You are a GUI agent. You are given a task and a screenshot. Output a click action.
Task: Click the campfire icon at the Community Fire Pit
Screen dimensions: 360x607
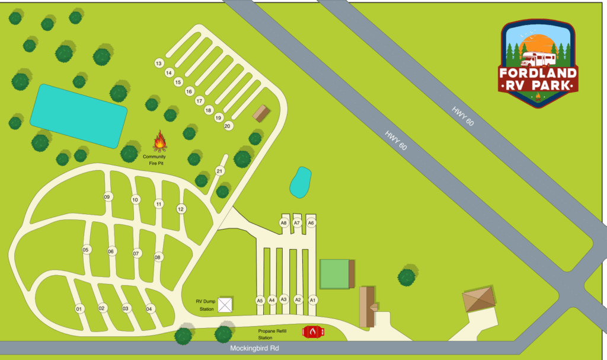160,141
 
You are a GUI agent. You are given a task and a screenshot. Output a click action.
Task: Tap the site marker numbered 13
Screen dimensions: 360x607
158,63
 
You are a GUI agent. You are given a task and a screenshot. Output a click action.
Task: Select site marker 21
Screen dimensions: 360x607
220,171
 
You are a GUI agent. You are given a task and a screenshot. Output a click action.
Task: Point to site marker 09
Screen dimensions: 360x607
107,197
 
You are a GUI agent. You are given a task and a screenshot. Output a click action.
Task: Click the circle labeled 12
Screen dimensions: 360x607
181,209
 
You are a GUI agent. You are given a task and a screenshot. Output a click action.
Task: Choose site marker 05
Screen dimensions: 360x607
86,250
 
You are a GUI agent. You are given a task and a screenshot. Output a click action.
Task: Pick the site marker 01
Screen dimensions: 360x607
78,309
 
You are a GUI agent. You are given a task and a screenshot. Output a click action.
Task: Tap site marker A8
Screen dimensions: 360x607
284,223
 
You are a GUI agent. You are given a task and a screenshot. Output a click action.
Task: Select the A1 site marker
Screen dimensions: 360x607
313,300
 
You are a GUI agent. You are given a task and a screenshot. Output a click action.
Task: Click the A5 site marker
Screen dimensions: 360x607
260,301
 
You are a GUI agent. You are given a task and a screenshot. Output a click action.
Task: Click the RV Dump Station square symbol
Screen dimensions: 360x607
225,305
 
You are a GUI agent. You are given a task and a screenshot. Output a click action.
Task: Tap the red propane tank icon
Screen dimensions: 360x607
313,333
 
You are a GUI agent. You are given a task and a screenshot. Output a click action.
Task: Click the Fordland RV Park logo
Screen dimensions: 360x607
538,62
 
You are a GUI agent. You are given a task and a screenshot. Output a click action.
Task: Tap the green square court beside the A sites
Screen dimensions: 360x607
335,274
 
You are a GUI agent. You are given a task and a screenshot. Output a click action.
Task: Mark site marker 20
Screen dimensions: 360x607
228,126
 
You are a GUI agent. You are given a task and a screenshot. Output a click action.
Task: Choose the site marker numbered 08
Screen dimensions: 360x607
158,257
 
